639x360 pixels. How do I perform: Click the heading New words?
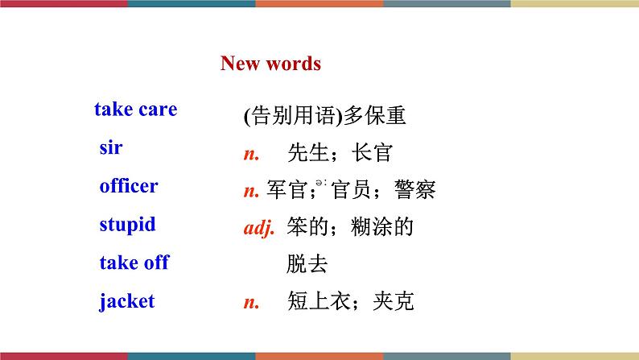(270, 64)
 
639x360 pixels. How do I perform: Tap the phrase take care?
(135, 110)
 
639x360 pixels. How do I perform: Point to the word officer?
(129, 187)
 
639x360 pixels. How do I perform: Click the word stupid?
(127, 225)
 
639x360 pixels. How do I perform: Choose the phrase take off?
(134, 263)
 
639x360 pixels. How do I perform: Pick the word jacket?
(127, 301)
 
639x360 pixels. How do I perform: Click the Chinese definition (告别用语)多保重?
(324, 117)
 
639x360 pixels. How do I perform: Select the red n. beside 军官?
(251, 191)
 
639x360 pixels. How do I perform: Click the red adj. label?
(259, 228)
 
